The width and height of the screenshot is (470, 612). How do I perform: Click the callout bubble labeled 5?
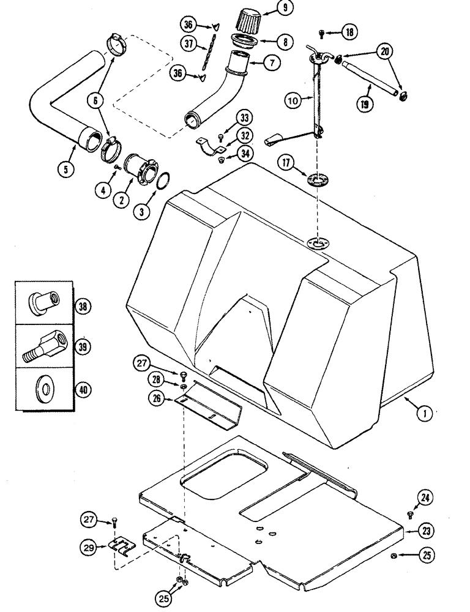pos(65,168)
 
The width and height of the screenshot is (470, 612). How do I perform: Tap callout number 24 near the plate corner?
pos(426,499)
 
